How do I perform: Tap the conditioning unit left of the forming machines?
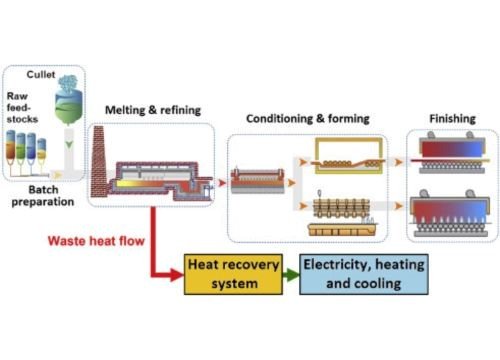[259, 181]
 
